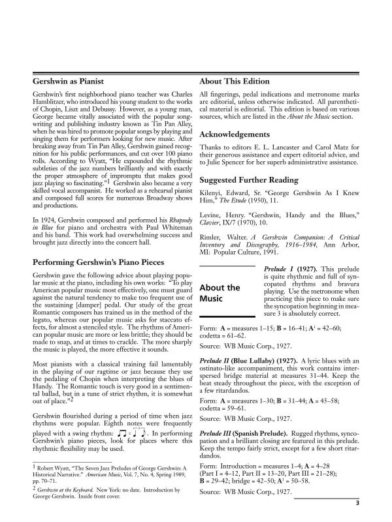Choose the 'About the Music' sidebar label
[219, 293]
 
